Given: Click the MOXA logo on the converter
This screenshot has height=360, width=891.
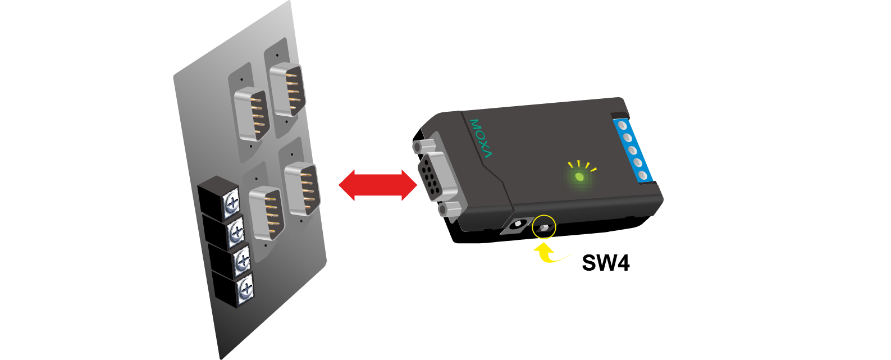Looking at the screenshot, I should click(481, 138).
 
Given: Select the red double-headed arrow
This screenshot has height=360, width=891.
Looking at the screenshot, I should click(377, 185).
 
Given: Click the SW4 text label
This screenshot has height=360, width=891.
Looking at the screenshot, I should click(605, 263).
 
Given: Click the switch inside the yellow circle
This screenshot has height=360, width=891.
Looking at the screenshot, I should click(544, 227).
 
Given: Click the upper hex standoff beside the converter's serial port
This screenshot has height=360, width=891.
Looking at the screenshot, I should click(418, 146).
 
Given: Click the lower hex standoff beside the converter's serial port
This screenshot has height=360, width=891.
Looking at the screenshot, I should click(446, 210).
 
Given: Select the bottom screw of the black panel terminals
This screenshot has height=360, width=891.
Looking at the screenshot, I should click(245, 290).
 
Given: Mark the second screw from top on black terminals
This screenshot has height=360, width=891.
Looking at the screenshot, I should click(236, 230).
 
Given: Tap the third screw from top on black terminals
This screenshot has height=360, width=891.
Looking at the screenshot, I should click(242, 259).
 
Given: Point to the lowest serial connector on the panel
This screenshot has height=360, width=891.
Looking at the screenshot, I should click(266, 213).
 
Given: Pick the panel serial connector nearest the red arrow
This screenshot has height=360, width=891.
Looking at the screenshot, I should click(303, 189).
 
